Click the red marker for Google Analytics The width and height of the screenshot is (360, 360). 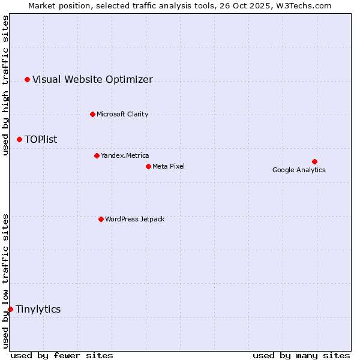pos(314,161)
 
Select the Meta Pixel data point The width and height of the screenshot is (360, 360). pos(148,166)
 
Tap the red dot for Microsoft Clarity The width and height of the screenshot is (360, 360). pos(92,114)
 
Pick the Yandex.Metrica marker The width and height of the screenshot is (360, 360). pos(97,155)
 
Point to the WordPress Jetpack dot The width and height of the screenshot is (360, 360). pos(101,219)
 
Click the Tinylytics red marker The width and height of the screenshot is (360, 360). pos(10,309)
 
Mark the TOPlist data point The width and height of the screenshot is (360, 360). pos(19,139)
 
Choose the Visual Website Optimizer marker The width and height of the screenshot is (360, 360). pos(27,79)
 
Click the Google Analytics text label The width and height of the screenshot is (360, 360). pos(299,170)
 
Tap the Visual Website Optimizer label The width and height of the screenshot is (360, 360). pos(92,79)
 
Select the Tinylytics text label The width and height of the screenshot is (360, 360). pos(38,309)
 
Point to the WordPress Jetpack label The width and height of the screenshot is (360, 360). pos(134,219)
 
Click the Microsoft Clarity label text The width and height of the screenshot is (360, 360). pos(122,114)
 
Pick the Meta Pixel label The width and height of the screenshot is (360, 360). pos(169,166)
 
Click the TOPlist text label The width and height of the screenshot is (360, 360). pos(41,139)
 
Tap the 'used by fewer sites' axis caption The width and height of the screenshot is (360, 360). pos(62,355)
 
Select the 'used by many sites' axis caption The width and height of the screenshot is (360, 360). pos(301,355)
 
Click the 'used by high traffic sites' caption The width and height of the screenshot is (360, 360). pos(5,85)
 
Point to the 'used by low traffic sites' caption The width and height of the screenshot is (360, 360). pos(5,281)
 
